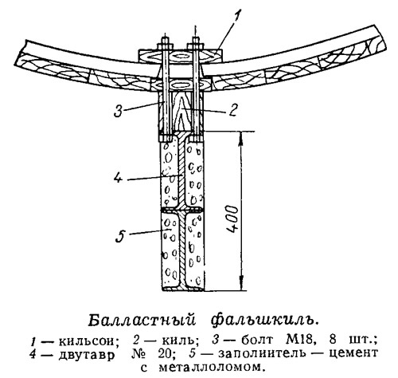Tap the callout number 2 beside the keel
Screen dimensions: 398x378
pyautogui.click(x=232, y=110)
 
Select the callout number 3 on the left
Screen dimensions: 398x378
pyautogui.click(x=119, y=110)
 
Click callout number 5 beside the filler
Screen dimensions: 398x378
pyautogui.click(x=121, y=235)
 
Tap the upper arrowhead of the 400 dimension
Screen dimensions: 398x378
pyautogui.click(x=240, y=139)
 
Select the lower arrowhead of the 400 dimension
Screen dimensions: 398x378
pyautogui.click(x=241, y=283)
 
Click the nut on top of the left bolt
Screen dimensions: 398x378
pyautogui.click(x=165, y=46)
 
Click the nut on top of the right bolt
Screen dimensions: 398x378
pyautogui.click(x=196, y=46)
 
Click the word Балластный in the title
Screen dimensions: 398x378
pyautogui.click(x=142, y=320)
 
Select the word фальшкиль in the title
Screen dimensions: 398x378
pyautogui.click(x=264, y=320)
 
